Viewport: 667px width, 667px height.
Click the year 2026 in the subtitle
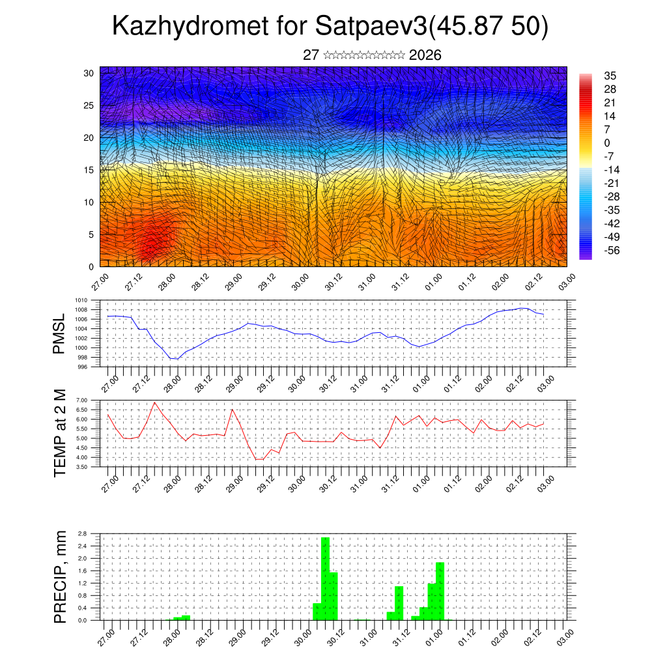pyautogui.click(x=425, y=55)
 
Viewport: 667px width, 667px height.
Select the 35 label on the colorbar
pyautogui.click(x=611, y=76)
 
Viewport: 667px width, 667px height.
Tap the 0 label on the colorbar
pyautogui.click(x=607, y=143)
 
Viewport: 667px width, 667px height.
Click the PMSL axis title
pyautogui.click(x=59, y=334)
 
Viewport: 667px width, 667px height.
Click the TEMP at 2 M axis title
pyautogui.click(x=59, y=433)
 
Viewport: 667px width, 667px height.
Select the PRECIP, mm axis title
pyautogui.click(x=59, y=576)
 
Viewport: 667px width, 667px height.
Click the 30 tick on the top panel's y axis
pyautogui.click(x=89, y=73)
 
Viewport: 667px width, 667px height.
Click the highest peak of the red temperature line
pyautogui.click(x=154, y=402)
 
